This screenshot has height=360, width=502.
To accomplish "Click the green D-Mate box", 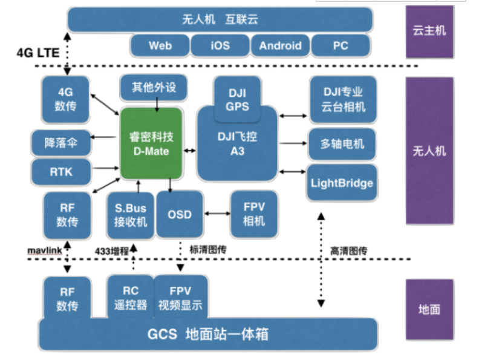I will pyautogui.click(x=151, y=143).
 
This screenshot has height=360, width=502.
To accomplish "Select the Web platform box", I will pyautogui.click(x=160, y=45).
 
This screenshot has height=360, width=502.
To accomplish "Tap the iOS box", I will pyautogui.click(x=220, y=45).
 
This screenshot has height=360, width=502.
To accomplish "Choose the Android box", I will pyautogui.click(x=280, y=45).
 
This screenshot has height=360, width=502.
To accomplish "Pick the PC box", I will pyautogui.click(x=341, y=45).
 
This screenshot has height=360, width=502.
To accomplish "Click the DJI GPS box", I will pyautogui.click(x=237, y=98).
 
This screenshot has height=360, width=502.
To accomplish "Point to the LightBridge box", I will pyautogui.click(x=342, y=183).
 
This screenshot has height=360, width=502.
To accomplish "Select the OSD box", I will pyautogui.click(x=180, y=214).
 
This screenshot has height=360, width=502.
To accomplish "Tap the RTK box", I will pyautogui.click(x=61, y=172).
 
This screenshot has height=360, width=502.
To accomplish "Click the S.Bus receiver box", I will pyautogui.click(x=130, y=215).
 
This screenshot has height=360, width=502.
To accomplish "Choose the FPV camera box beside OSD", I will pyautogui.click(x=253, y=214).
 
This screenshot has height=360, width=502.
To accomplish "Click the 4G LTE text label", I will pyautogui.click(x=37, y=53).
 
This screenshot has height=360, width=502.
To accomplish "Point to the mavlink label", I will pyautogui.click(x=42, y=249).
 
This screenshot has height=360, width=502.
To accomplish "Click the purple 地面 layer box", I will pyautogui.click(x=429, y=309).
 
